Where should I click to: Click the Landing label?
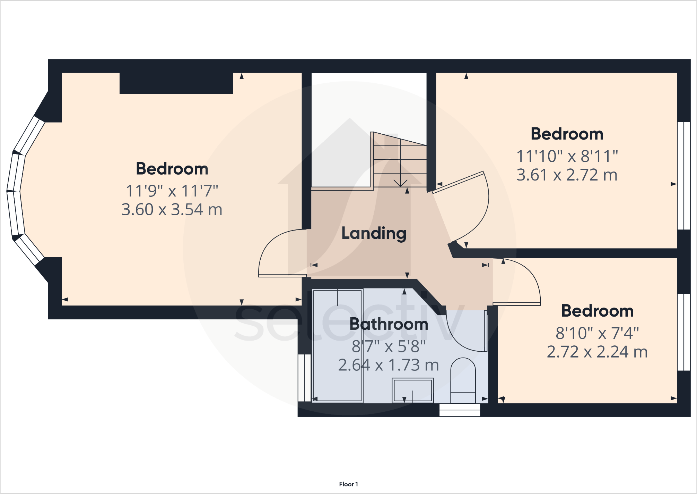(374, 233)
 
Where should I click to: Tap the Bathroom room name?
(389, 324)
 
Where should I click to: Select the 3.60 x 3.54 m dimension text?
(172, 210)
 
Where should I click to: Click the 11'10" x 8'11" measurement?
(567, 156)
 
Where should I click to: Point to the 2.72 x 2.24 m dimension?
(597, 352)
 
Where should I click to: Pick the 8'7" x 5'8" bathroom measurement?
(389, 346)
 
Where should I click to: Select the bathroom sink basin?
(412, 390)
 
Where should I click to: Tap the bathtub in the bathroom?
(337, 345)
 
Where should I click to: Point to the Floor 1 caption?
(348, 484)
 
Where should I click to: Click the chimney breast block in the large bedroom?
(176, 83)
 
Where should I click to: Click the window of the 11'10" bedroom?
(684, 176)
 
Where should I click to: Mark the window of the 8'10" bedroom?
(684, 332)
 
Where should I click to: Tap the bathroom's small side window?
(304, 378)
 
